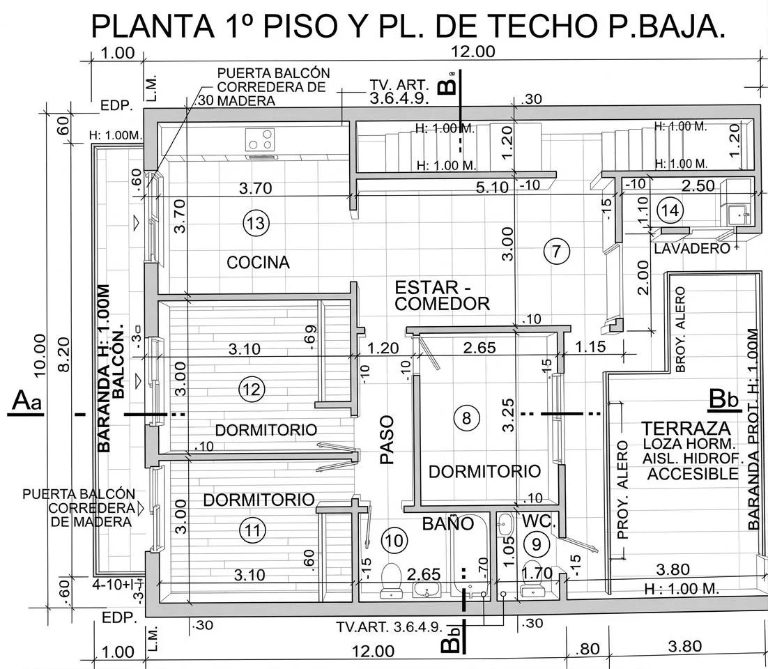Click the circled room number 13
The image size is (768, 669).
coord(255,223)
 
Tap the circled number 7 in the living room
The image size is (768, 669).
coord(556,251)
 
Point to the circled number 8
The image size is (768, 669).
coord(466,417)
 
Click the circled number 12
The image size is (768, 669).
coord(252,389)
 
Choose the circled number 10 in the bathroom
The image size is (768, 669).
coord(394,539)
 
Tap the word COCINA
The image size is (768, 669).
coord(258,263)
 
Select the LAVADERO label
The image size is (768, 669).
coord(691,248)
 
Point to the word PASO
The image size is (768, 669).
coord(387,440)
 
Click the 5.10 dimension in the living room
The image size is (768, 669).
coord(491,187)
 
